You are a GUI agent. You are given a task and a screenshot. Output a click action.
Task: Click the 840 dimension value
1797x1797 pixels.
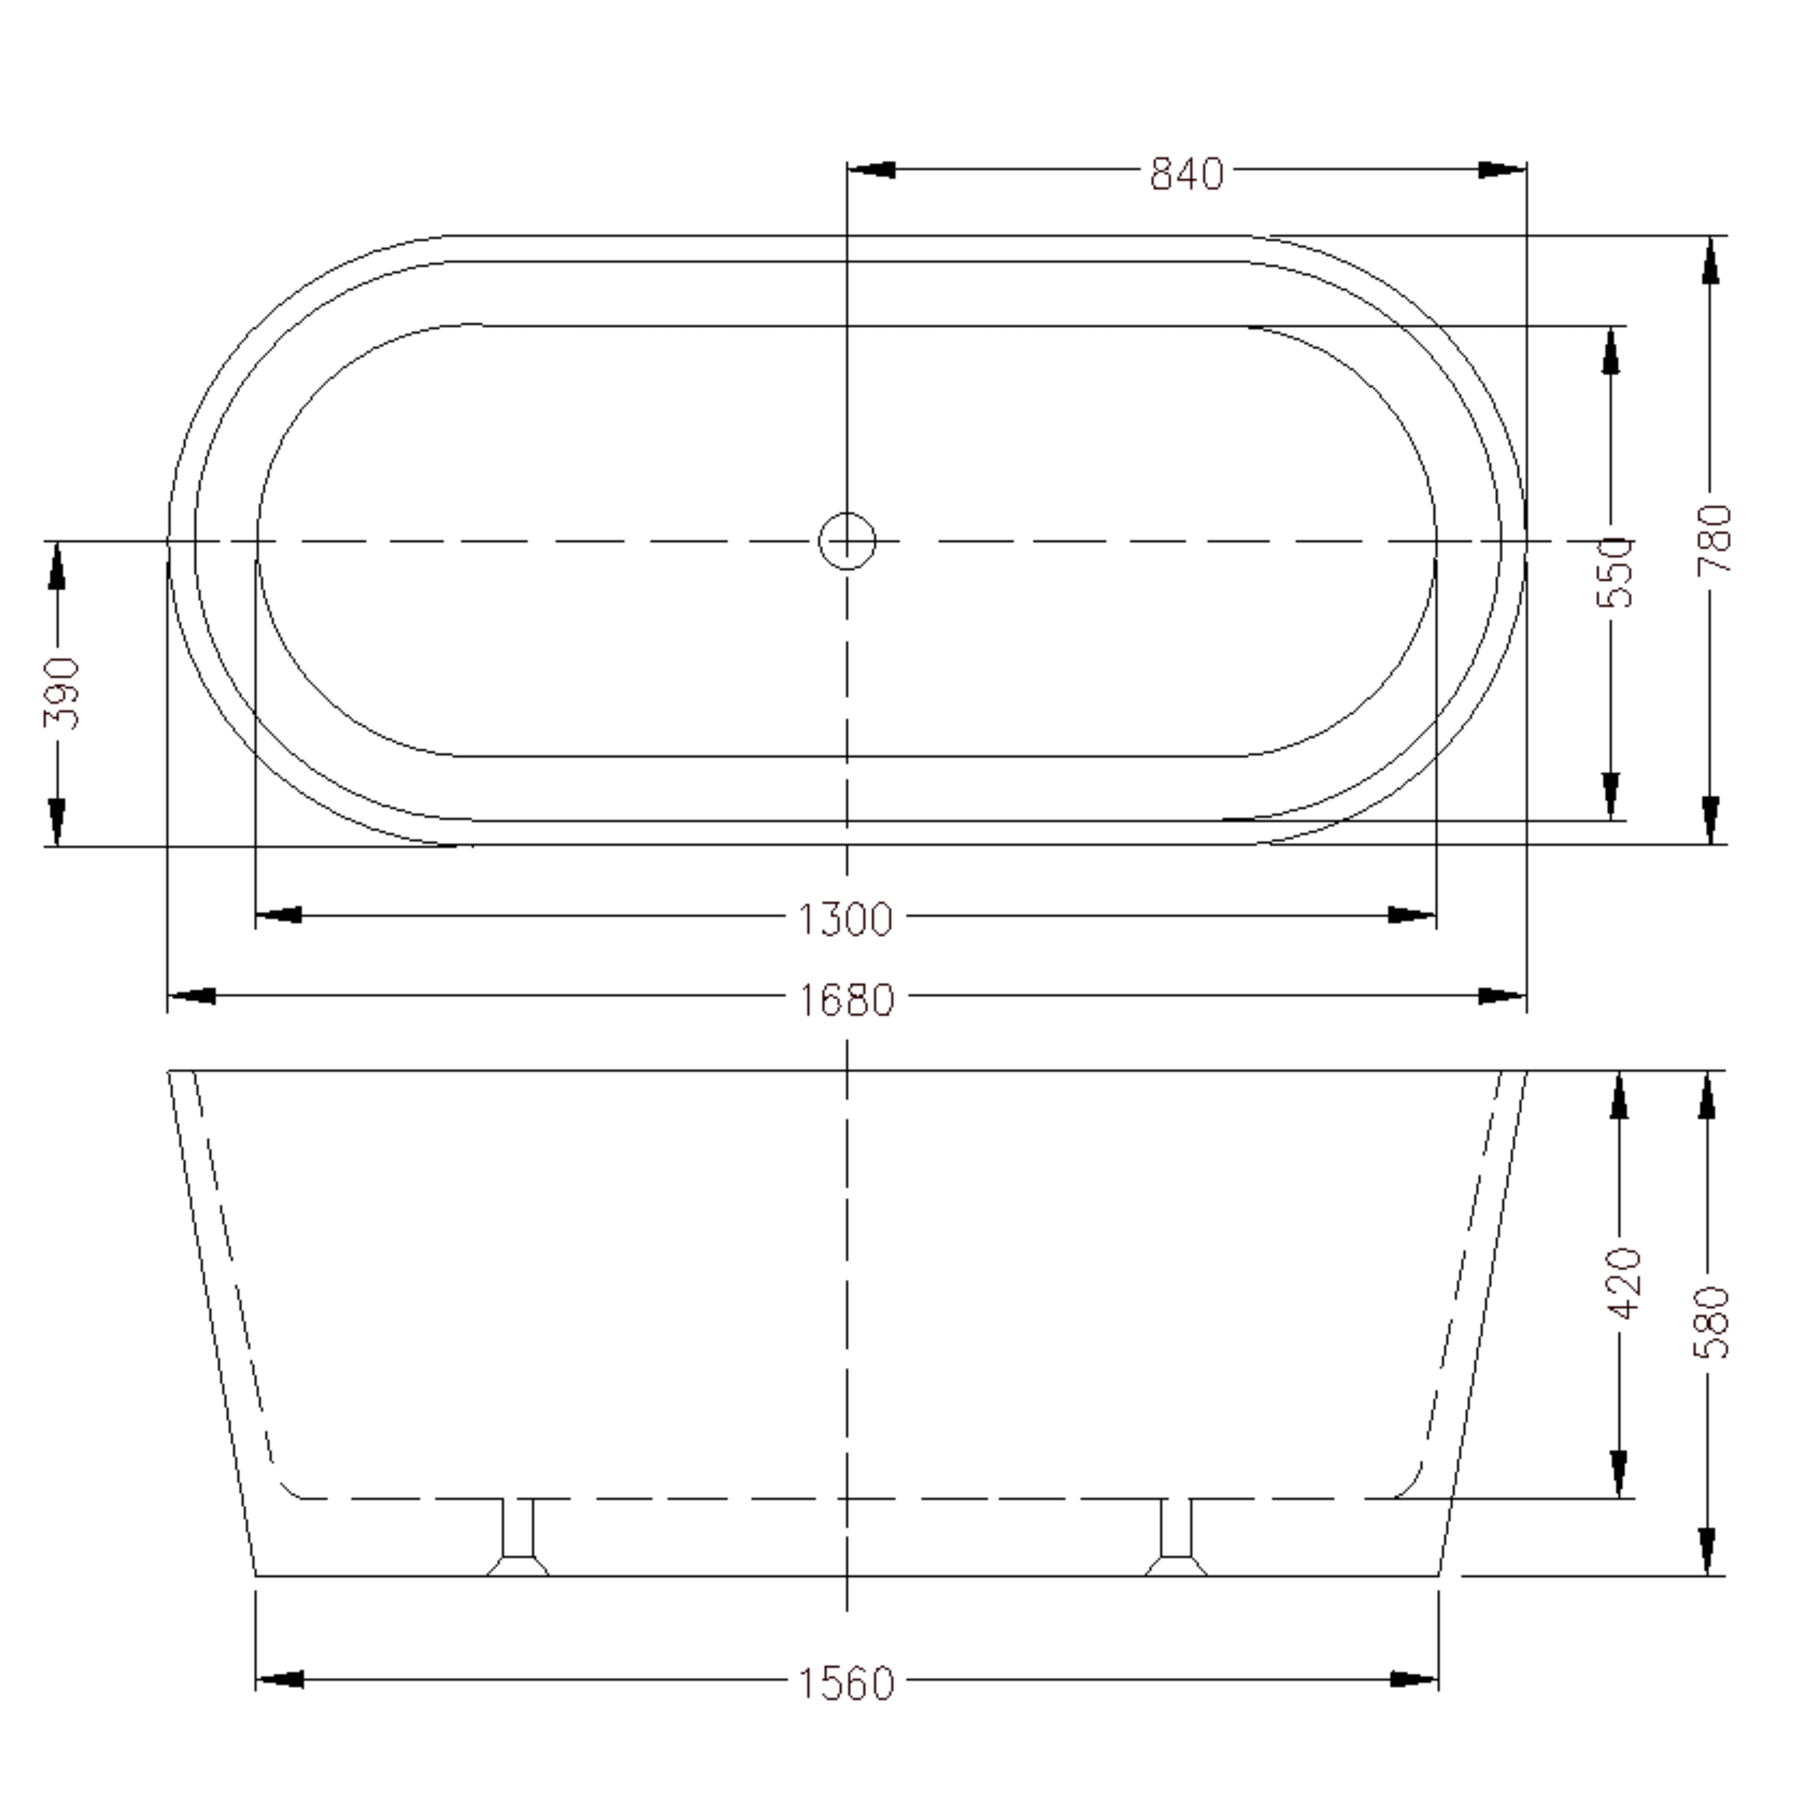[1187, 174]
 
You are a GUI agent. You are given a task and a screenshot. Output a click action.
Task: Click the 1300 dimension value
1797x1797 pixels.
[846, 920]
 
